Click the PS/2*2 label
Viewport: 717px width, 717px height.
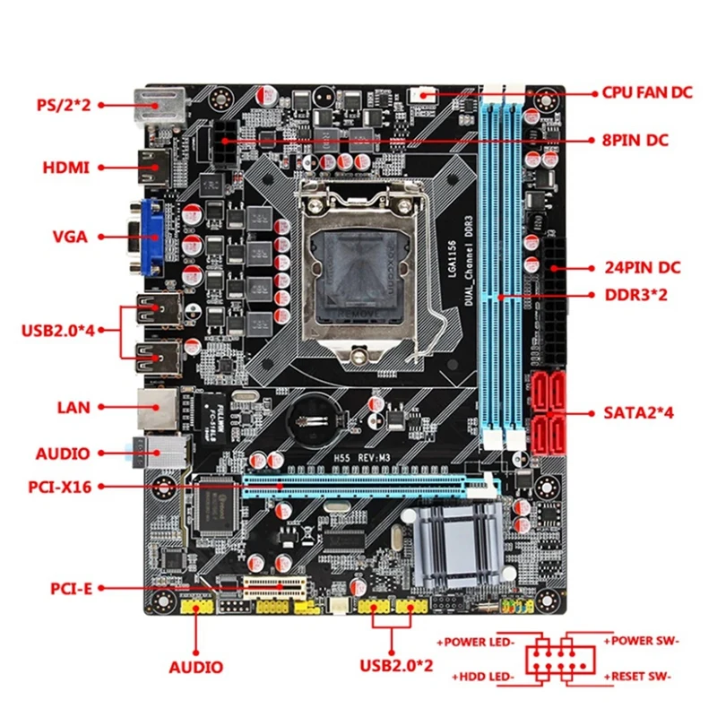[x=62, y=104]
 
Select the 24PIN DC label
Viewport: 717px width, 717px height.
[x=640, y=268]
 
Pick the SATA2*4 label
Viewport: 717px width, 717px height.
[x=635, y=414]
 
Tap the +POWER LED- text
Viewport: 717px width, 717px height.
[x=476, y=643]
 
